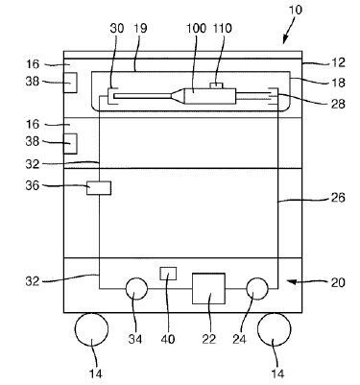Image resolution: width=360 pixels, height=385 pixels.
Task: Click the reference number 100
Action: pos(196,29)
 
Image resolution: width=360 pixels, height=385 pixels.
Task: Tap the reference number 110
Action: pos(223,29)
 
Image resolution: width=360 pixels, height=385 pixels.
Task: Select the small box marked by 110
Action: pos(217,85)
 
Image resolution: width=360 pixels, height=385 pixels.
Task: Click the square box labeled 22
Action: pos(208,288)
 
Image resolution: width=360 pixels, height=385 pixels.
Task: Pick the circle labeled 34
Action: pos(136,288)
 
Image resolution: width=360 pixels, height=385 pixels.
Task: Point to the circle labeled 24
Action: pos(257,288)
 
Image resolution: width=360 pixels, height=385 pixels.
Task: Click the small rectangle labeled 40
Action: pos(168,274)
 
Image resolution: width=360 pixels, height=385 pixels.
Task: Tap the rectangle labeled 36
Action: pos(99,188)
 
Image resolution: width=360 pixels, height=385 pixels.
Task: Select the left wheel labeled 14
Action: pos(91,329)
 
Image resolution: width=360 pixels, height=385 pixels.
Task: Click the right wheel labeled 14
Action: pos(275,329)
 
